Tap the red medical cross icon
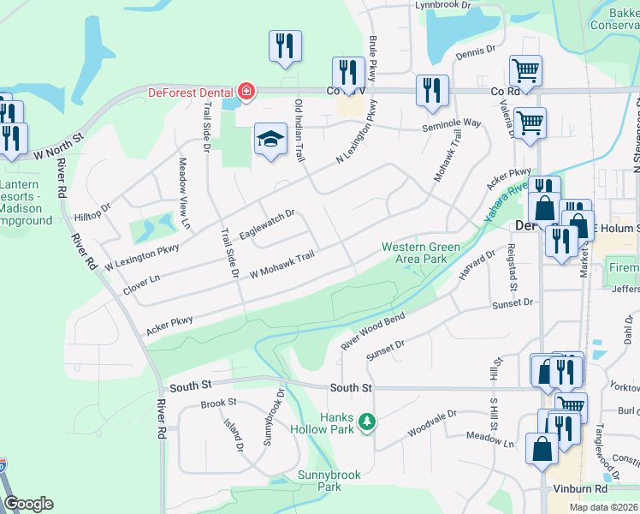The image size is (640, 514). pyautogui.click(x=246, y=91)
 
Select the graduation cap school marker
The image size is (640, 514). pyautogui.click(x=270, y=140)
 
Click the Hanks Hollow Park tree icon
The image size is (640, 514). pyautogui.click(x=367, y=421)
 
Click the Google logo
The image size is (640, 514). pyautogui.click(x=27, y=504)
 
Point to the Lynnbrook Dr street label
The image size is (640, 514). pyautogui.click(x=443, y=5)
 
